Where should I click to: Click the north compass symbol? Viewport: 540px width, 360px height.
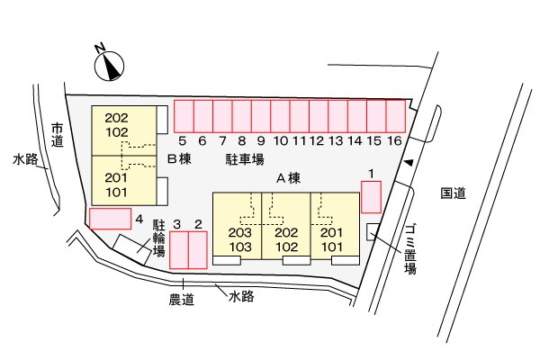tap(109, 65)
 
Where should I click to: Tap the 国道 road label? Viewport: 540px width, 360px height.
tap(453, 193)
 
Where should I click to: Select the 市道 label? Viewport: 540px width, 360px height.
tap(58, 134)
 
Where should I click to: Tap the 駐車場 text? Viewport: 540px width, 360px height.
tap(244, 159)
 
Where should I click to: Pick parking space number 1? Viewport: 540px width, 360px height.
tap(371, 196)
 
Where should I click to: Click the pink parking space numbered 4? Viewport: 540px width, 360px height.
tap(110, 218)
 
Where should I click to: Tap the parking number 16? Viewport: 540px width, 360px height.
tap(394, 140)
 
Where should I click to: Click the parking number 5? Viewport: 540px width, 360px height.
tap(182, 140)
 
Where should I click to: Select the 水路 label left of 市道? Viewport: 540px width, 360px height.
tap(25, 159)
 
